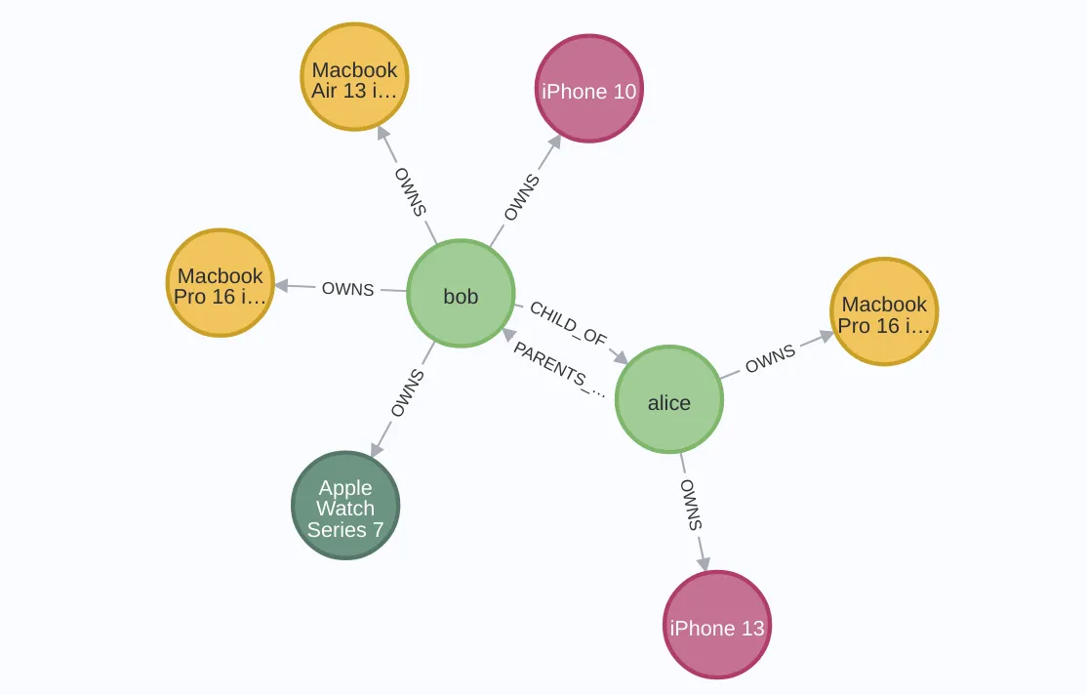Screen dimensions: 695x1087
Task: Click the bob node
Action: tap(461, 294)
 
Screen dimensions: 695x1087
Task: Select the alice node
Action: tap(669, 400)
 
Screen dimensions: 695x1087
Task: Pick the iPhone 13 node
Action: tap(717, 626)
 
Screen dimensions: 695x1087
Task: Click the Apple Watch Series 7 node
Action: tap(345, 506)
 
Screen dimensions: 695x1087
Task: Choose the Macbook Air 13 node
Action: tap(354, 78)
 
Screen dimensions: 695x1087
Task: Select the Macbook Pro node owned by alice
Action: tap(884, 312)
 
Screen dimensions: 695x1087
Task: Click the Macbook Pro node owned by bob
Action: tap(221, 284)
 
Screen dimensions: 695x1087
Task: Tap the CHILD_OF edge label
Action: tap(568, 323)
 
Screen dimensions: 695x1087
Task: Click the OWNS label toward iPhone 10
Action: tap(521, 197)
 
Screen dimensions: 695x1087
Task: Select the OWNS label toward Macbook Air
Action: tap(410, 191)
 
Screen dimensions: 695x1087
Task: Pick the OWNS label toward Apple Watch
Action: tap(407, 392)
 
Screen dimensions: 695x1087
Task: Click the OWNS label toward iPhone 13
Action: tap(691, 505)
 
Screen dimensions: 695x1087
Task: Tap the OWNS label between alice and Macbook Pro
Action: tap(771, 359)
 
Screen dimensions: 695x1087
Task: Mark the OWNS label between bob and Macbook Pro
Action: tap(347, 289)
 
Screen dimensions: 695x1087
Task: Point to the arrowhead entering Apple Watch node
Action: tap(376, 449)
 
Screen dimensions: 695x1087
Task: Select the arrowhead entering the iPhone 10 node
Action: tap(555, 142)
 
